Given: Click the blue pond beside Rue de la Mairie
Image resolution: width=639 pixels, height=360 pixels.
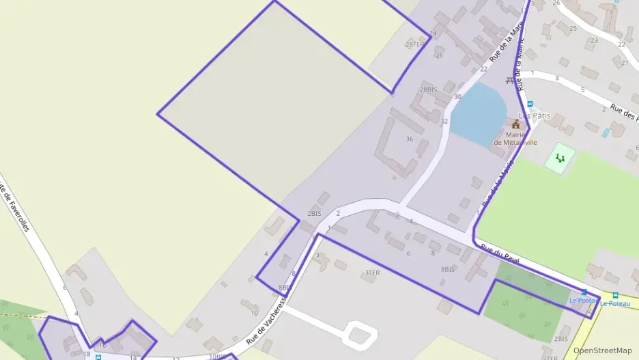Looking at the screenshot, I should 478,111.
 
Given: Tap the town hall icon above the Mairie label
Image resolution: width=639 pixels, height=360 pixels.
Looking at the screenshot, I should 516,124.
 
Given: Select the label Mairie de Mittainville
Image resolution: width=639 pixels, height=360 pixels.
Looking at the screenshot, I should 515,138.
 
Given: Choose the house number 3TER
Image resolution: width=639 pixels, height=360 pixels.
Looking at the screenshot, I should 371,273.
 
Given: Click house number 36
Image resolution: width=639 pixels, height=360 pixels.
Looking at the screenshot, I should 410,139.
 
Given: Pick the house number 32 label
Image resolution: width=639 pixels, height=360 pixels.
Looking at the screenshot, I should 444,121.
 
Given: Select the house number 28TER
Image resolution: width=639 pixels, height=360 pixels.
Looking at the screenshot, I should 414,44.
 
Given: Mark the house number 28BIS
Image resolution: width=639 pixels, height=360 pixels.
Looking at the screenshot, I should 428,89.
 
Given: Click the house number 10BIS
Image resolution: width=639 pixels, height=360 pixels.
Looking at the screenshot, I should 217,356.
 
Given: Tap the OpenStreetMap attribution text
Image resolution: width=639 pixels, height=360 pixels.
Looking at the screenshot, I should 602,350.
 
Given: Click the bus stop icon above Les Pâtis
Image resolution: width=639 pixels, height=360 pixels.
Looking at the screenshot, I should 530,104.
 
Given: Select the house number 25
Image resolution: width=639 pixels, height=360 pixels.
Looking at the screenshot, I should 573,28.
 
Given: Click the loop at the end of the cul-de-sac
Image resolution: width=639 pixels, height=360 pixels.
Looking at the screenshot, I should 360,334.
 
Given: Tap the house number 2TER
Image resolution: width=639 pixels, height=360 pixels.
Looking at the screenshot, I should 550,357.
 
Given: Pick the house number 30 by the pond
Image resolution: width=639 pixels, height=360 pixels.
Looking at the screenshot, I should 457,97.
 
